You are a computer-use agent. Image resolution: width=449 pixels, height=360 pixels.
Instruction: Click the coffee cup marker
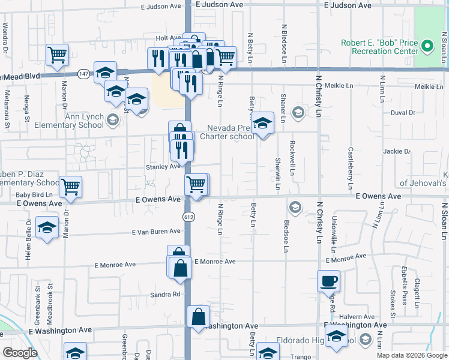328,280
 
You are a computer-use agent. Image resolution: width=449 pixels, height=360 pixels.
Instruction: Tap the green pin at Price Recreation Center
427,46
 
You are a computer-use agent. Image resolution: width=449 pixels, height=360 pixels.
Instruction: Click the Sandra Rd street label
166,295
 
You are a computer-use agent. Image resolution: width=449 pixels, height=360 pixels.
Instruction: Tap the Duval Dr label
403,112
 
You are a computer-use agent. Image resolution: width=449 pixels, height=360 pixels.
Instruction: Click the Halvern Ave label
357,317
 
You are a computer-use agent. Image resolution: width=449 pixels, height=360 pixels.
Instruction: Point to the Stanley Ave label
163,166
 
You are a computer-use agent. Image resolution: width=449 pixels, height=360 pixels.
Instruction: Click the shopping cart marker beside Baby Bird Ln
71,187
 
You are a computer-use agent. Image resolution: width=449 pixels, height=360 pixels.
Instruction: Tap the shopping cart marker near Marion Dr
57,55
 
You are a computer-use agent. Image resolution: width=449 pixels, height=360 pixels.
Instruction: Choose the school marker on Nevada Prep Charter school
262,123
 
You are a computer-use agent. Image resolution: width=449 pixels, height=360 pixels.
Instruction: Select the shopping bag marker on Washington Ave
198,317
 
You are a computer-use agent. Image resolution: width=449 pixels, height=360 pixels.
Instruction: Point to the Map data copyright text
411,355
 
